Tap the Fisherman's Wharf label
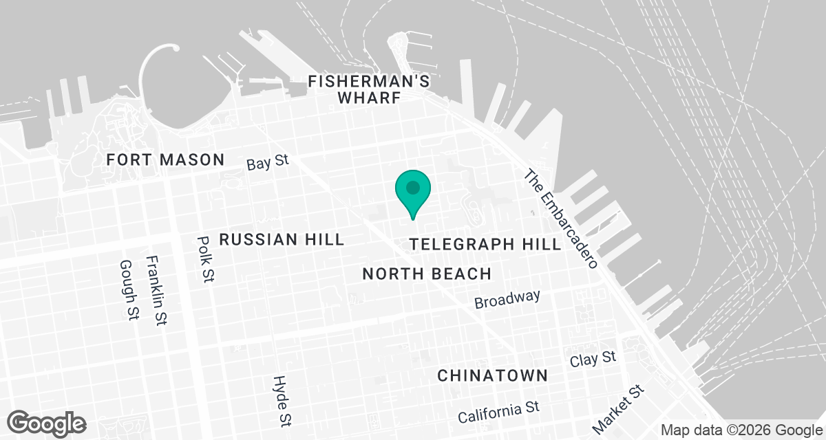click(369, 89)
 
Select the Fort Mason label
click(165, 160)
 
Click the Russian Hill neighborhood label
click(281, 239)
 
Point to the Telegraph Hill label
click(485, 245)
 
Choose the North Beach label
click(427, 274)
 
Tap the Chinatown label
click(493, 375)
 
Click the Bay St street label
click(267, 164)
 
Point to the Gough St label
click(127, 289)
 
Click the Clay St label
click(593, 359)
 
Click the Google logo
click(47, 423)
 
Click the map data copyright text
click(740, 430)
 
